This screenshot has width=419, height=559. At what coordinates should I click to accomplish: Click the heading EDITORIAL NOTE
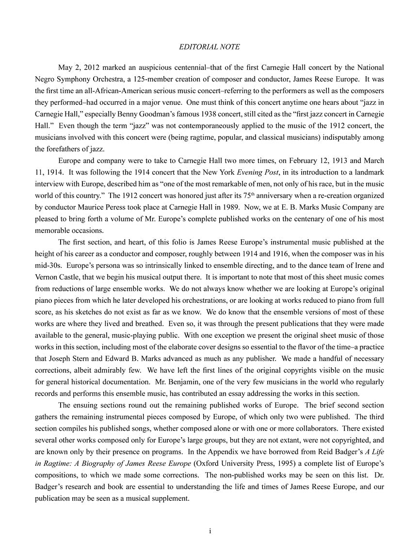[x=209, y=47]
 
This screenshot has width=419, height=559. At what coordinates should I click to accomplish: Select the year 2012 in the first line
[x=90, y=67]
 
